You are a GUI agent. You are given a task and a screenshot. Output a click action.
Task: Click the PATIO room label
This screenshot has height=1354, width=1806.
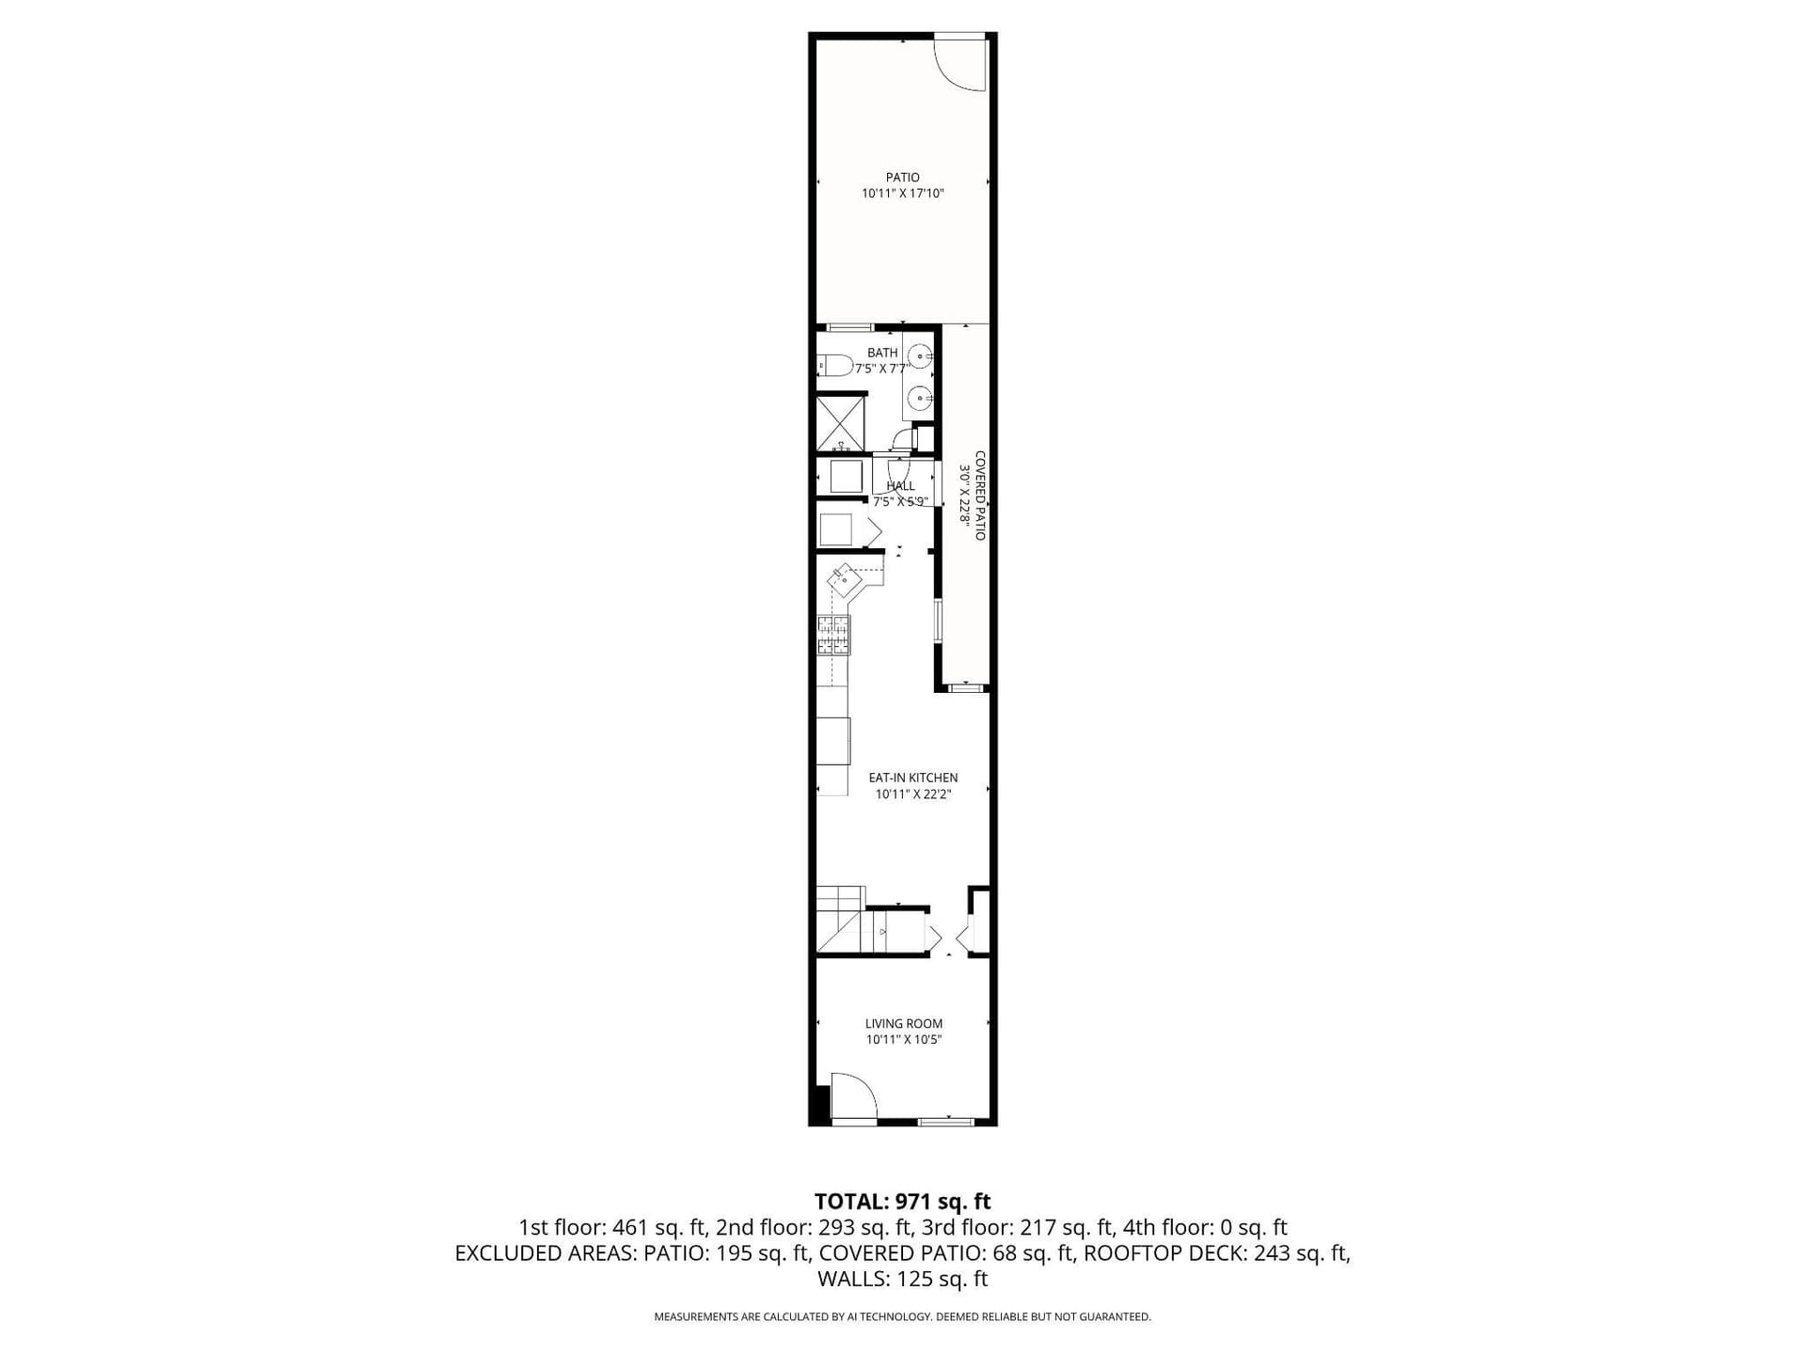point(902,177)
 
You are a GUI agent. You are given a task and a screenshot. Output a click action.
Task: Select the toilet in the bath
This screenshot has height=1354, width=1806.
point(834,364)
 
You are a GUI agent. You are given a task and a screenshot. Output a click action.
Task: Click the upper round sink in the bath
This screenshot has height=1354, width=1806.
point(921,356)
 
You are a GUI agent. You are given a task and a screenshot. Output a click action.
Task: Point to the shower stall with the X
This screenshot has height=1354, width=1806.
point(840,423)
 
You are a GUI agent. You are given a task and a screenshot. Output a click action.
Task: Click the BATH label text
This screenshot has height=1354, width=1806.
point(882,353)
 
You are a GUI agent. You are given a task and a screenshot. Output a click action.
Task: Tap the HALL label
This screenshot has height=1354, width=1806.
point(900,486)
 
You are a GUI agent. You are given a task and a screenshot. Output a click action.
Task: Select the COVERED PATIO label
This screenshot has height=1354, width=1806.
point(980,496)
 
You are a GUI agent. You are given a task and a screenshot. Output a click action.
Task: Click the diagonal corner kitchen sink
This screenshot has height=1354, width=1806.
point(845,579)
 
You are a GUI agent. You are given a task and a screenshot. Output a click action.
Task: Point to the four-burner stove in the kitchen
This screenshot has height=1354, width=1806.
point(833,635)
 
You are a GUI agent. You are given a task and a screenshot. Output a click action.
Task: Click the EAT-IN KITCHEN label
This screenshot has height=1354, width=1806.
point(912,778)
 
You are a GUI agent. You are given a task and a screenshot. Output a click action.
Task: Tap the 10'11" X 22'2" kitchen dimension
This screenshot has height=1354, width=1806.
point(912,795)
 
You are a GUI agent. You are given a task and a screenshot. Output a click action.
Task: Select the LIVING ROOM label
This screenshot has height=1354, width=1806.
point(903,1023)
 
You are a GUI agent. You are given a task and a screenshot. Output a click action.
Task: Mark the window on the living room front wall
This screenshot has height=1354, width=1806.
point(946,1122)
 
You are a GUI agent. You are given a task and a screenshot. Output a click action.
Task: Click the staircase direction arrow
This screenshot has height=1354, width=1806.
point(882,931)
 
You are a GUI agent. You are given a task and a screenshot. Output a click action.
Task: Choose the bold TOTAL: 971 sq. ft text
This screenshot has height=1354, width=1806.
point(902,1201)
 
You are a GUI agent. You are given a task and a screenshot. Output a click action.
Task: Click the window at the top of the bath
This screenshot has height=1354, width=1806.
point(849,327)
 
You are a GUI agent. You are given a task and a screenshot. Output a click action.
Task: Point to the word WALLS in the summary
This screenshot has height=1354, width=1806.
point(850,1279)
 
